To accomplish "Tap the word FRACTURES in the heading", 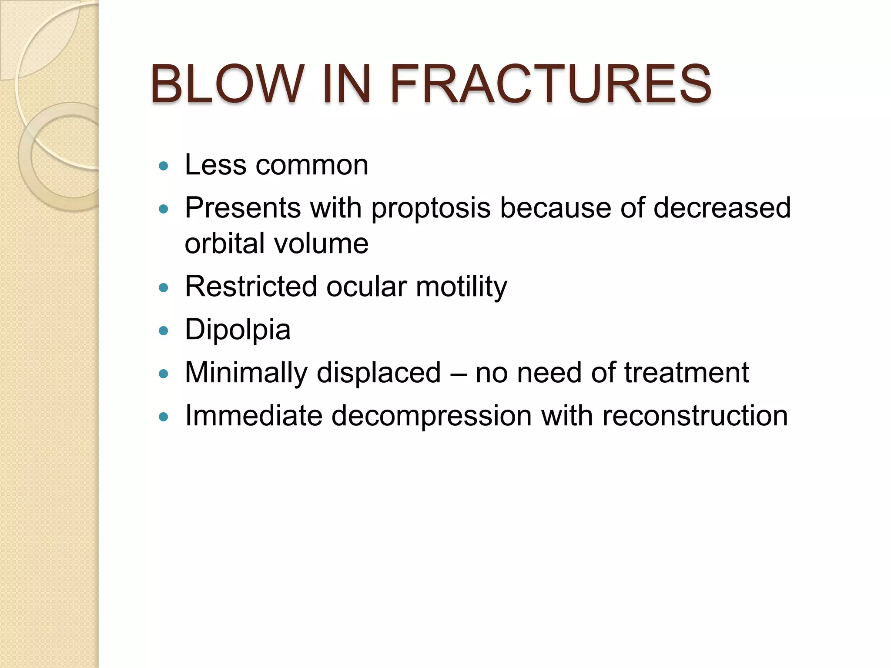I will (550, 83).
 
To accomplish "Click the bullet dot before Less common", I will (164, 166).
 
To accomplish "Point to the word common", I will (312, 165).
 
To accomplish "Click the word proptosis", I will (431, 207).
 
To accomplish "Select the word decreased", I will (722, 207).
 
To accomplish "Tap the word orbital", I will (224, 243).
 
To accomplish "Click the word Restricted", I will (251, 287).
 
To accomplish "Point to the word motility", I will (461, 287).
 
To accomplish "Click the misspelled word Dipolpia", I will (238, 330).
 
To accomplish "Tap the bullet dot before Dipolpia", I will (164, 331).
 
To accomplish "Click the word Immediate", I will (254, 416).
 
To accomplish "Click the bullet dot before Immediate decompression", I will (164, 417).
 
